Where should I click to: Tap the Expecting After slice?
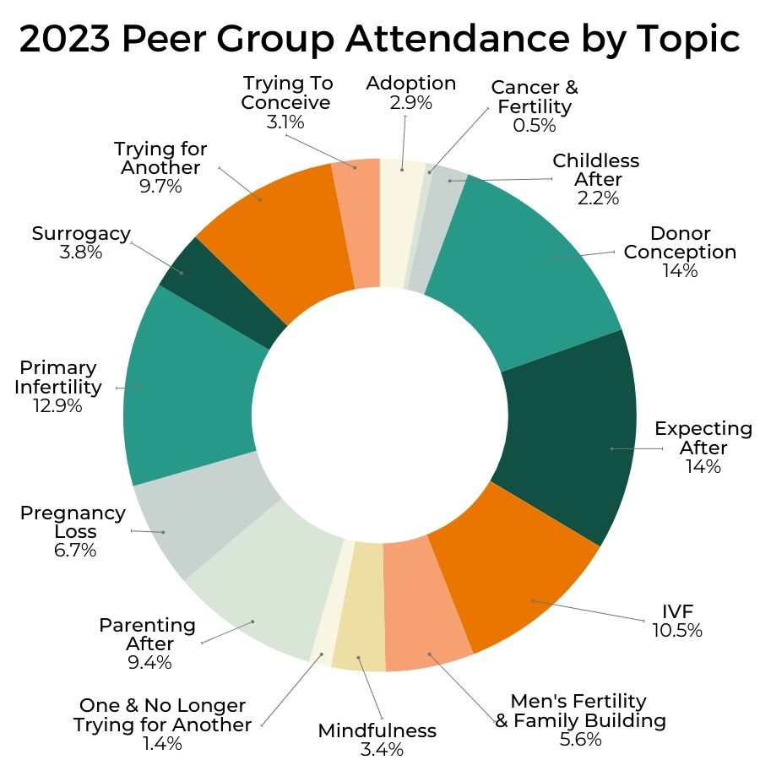574,439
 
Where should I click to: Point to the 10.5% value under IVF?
677,630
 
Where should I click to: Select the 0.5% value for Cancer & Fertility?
535,126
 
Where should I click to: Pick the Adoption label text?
411,83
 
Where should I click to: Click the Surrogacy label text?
81,233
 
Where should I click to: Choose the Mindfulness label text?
377,730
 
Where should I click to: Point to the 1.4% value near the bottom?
162,744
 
